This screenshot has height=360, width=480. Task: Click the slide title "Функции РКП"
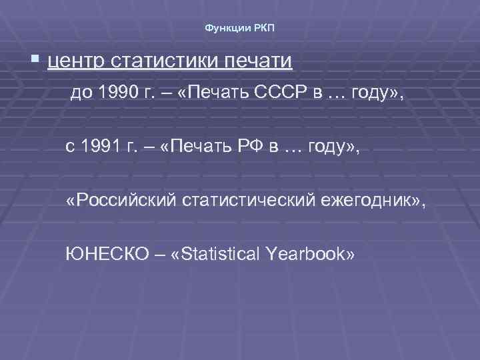(x=239, y=28)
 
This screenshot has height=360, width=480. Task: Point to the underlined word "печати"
(x=257, y=62)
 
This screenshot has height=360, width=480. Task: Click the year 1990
(x=114, y=94)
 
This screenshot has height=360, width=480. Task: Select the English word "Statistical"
(x=215, y=253)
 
